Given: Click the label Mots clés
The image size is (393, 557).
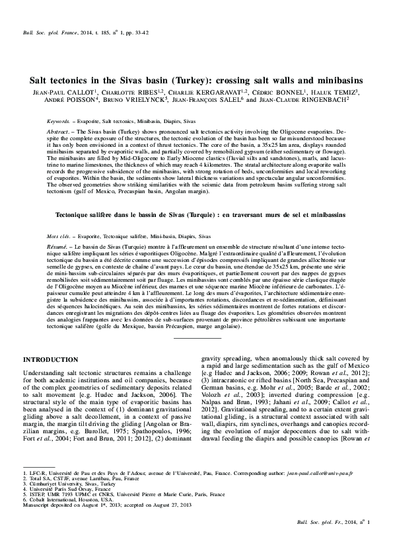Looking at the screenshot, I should [x=59, y=236].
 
